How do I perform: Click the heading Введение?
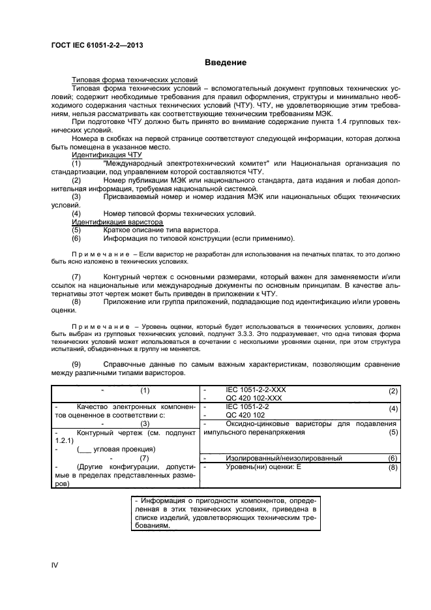(x=225, y=63)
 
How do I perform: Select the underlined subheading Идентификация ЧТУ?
(x=106, y=155)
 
